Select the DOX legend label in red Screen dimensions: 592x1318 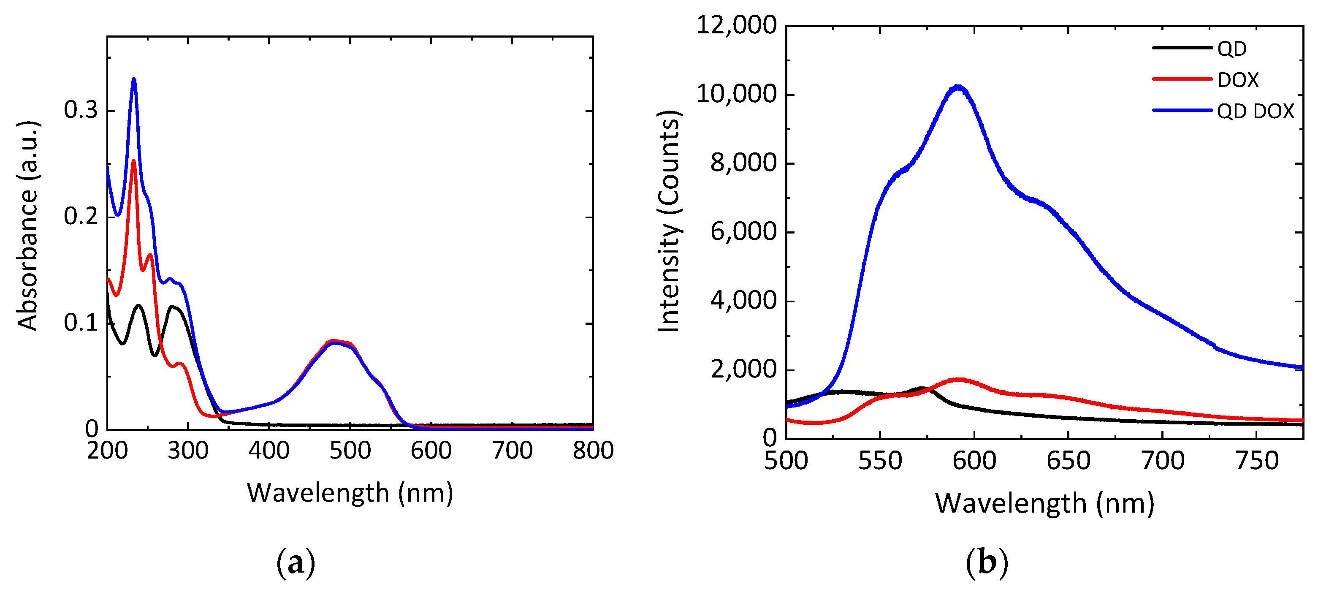click(x=1238, y=80)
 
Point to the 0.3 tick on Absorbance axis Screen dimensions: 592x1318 click(x=81, y=110)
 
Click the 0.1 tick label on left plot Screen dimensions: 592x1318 click(x=81, y=323)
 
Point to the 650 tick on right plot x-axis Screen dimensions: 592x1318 click(x=1069, y=461)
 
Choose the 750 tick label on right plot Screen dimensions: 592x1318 click(x=1257, y=461)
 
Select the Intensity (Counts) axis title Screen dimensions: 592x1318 click(x=669, y=221)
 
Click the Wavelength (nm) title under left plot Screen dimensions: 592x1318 click(x=350, y=493)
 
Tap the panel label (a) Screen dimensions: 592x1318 click(x=296, y=563)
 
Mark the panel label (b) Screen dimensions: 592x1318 click(x=987, y=563)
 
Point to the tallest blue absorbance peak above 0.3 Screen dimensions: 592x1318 click(x=134, y=79)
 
